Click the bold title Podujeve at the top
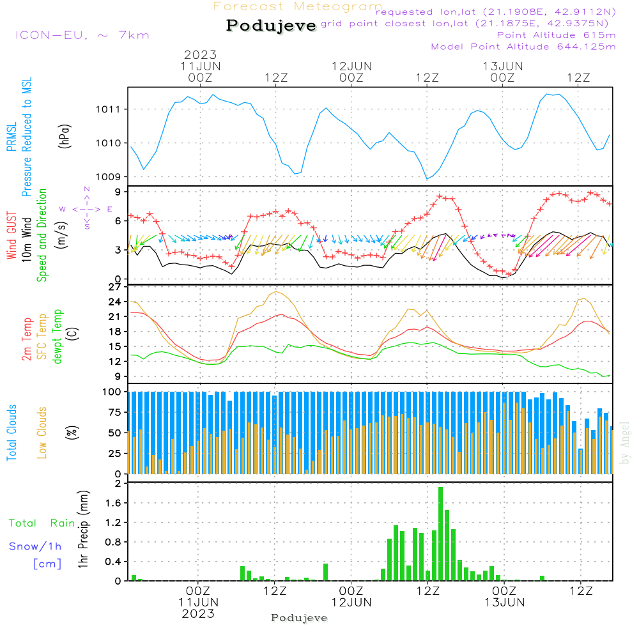(271, 26)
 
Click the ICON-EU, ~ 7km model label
(82, 35)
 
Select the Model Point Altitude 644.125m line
(523, 47)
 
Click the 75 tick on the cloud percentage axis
(114, 412)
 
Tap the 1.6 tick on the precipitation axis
(113, 503)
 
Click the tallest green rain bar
(440, 534)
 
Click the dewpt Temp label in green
(58, 337)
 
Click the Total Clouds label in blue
(12, 433)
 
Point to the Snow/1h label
(35, 547)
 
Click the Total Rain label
(42, 523)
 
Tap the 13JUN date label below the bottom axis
(504, 603)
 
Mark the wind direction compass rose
(86, 208)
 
